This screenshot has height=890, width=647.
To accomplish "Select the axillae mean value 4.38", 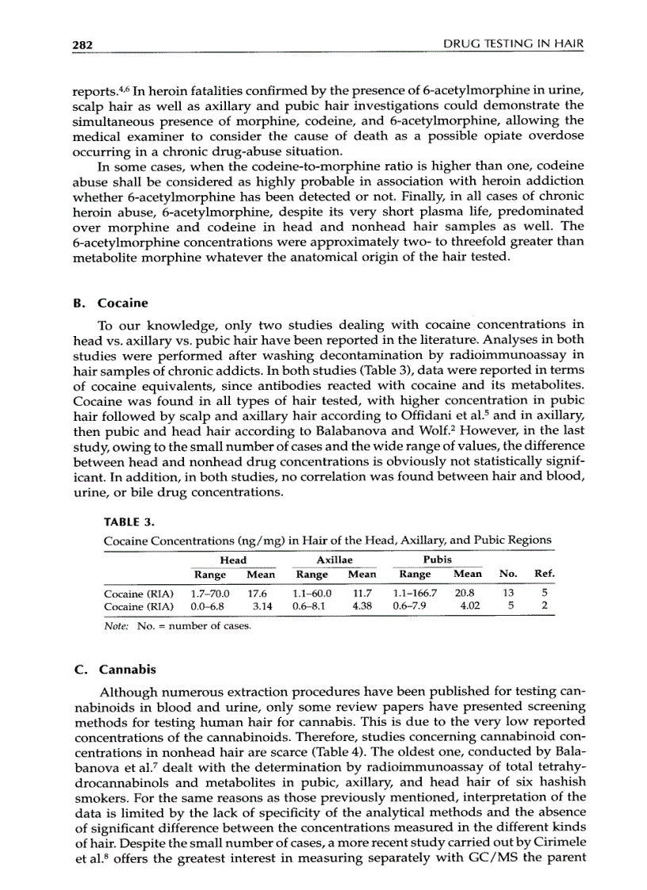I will [362, 606].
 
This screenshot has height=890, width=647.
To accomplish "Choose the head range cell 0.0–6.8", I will [208, 606].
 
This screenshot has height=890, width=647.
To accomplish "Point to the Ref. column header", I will [545, 574].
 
